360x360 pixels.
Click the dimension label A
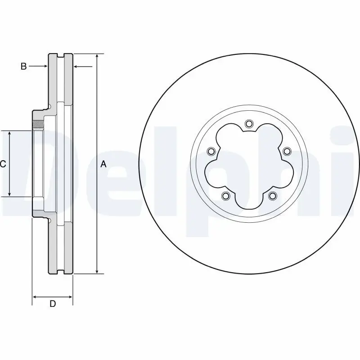coord(103,164)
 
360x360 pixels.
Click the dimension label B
coord(23,67)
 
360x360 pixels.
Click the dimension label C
coord(3,164)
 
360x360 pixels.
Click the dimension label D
coord(53,304)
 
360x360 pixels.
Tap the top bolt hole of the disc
coord(249,124)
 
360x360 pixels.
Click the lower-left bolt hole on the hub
coord(225,196)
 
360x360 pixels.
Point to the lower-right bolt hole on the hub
coord(272,196)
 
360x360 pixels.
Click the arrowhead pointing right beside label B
coord(45,67)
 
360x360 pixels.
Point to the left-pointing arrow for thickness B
coord(76,67)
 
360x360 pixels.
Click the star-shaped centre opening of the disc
coord(249,166)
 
